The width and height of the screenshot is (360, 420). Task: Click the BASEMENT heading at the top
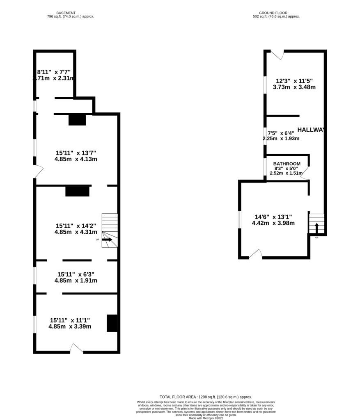point(66,13)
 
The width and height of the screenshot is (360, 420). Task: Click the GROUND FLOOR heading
point(273,13)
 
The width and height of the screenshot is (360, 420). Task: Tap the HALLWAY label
point(311,130)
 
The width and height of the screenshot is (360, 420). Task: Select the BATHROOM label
point(287,164)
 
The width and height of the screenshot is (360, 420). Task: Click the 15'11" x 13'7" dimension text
point(76,153)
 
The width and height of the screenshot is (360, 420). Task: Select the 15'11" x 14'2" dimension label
point(76,226)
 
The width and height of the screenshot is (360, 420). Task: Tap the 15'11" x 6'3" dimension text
point(76,274)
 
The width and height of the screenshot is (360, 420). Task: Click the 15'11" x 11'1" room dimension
point(70,320)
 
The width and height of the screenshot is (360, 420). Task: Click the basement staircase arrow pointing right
point(107,240)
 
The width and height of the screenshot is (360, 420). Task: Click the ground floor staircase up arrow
point(316,227)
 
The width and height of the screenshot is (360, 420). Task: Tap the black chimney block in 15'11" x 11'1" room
point(112,323)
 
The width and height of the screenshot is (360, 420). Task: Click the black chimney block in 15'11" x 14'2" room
point(77,191)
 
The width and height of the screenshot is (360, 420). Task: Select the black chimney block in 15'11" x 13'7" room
point(77,120)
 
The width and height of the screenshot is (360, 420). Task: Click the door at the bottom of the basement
point(76,349)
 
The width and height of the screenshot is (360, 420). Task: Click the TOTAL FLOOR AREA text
point(206,397)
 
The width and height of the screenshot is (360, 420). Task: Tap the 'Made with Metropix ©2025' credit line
point(206,418)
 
